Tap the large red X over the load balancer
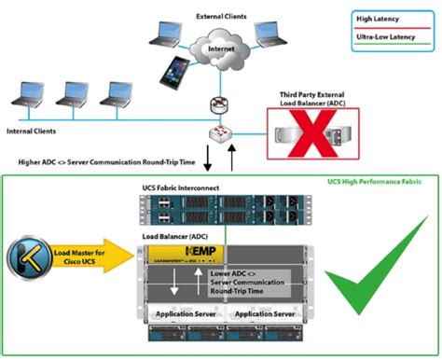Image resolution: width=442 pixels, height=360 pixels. (315, 138)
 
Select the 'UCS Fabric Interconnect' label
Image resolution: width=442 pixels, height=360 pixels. (178, 189)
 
